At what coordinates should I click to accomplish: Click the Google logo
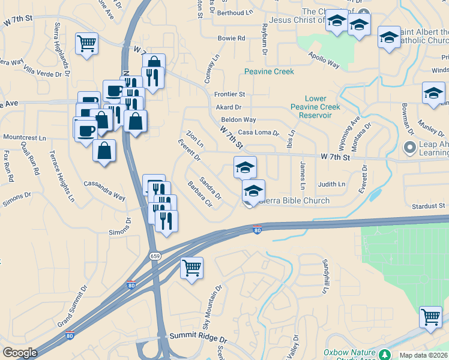(20, 353)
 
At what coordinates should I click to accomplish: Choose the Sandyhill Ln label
(325, 277)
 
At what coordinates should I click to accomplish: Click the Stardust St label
(427, 206)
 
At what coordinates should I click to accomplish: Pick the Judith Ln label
(332, 184)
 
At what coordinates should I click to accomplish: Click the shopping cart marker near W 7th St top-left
(86, 43)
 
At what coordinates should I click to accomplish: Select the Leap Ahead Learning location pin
(411, 147)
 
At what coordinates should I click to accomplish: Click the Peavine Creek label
(269, 71)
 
